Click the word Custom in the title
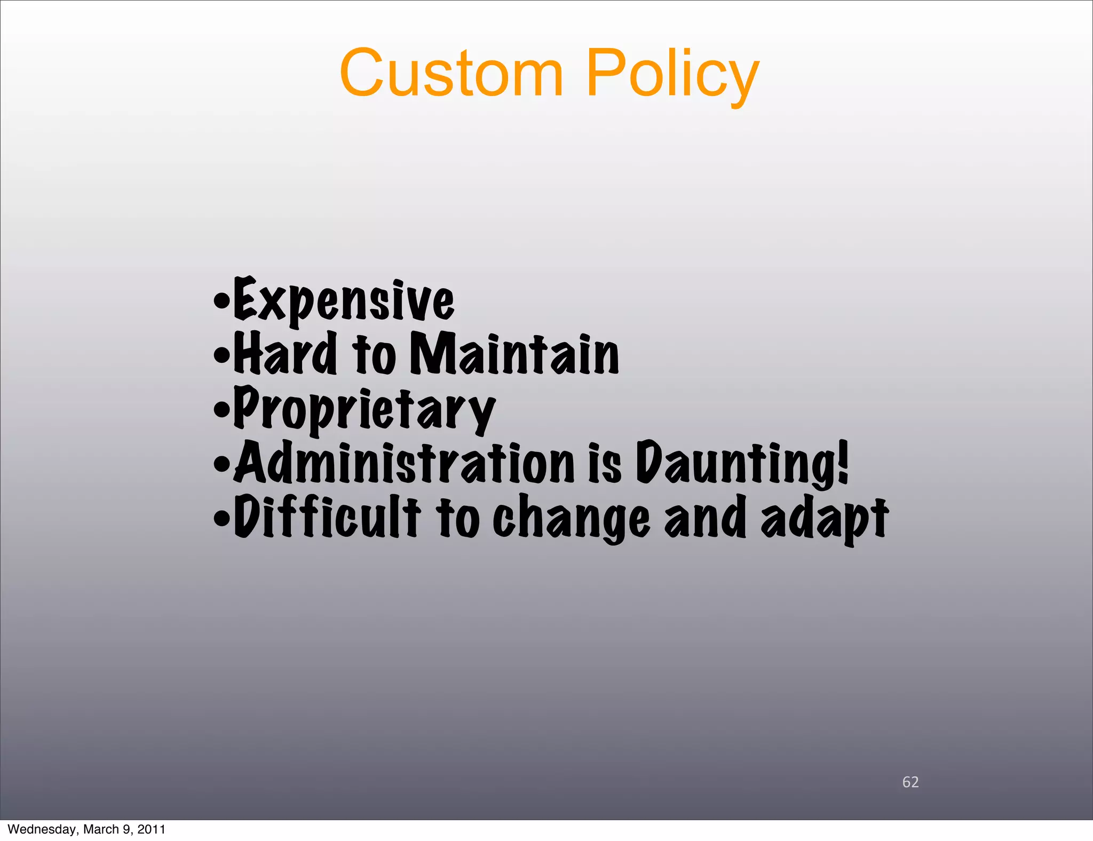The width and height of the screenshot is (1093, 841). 452,73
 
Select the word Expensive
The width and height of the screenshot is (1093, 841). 344,300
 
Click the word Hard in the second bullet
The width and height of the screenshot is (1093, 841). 286,353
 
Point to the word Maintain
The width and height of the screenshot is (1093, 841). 514,353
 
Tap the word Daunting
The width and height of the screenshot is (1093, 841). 736,463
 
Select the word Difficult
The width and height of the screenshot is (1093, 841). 327,517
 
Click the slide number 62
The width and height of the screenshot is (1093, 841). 910,782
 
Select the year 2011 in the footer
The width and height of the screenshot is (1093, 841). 151,829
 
